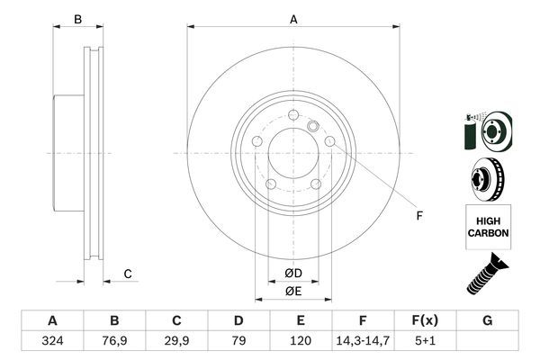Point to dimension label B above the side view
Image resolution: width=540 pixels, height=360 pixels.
(77, 19)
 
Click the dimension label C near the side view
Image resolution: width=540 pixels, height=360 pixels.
(128, 274)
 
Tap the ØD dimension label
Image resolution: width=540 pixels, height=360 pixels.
(293, 273)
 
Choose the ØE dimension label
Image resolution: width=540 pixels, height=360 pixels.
(293, 291)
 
